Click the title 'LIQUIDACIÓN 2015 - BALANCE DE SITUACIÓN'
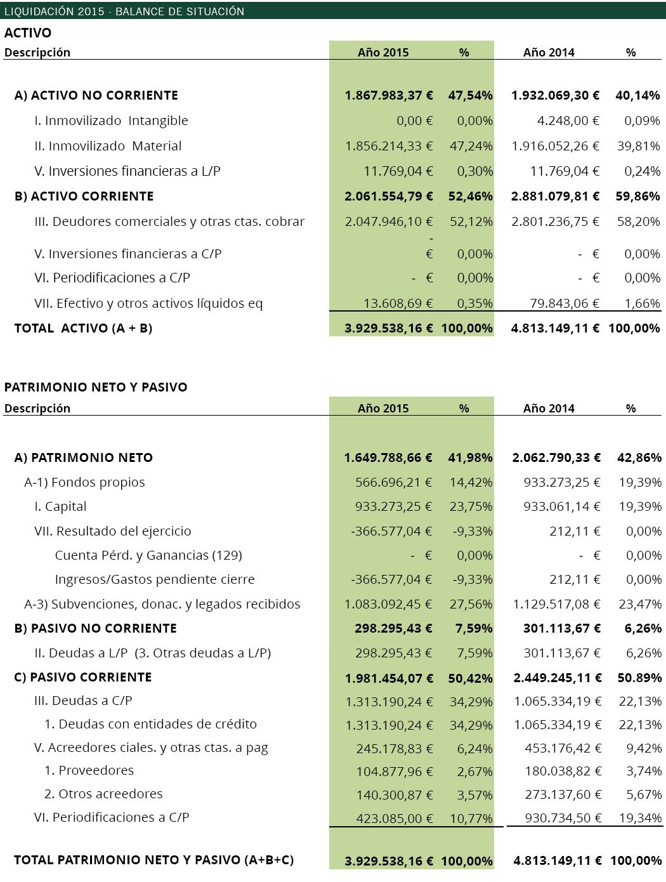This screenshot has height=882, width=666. tap(124, 11)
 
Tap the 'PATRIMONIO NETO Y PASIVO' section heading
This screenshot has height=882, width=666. tap(96, 387)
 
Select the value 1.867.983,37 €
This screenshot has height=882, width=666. tap(389, 95)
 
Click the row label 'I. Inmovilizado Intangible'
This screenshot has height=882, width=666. tap(111, 121)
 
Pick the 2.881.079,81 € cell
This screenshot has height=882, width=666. tap(555, 196)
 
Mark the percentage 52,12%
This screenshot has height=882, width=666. tap(471, 221)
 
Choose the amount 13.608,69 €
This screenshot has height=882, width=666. tap(398, 303)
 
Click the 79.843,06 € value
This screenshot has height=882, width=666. tap(565, 303)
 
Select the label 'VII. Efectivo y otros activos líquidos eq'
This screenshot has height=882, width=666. tap(148, 303)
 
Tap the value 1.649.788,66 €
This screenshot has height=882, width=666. tap(388, 457)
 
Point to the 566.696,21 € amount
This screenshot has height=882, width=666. tap(393, 482)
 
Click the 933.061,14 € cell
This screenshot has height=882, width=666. tap(561, 506)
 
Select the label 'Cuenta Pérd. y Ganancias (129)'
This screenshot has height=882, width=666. tap(148, 555)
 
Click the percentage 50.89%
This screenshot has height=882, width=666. tap(639, 678)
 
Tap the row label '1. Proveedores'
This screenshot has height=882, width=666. tap(89, 770)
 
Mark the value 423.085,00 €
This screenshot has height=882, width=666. tap(394, 819)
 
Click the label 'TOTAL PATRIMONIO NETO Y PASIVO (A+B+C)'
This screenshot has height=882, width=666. tap(154, 860)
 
